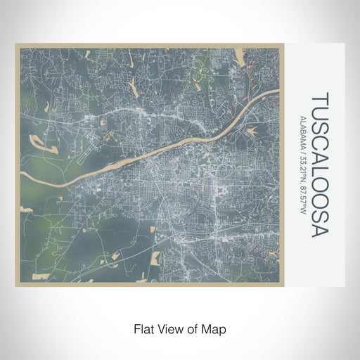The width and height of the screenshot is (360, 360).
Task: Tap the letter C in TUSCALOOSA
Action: click(319, 138)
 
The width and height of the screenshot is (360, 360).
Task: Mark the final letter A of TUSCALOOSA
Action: click(319, 231)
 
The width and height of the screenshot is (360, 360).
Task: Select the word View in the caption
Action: click(170, 328)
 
